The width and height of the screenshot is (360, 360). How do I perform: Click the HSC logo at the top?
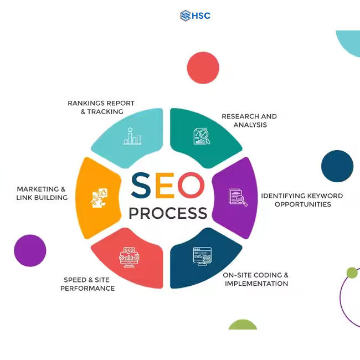[x=195, y=16]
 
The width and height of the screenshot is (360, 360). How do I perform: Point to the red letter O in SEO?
[x=192, y=186]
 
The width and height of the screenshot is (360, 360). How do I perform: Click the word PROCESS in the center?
[x=168, y=213]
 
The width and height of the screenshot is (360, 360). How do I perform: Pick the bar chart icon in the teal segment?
[x=132, y=136]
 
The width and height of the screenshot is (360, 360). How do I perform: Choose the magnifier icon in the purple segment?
[x=238, y=198]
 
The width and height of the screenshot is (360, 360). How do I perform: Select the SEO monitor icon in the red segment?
[x=129, y=258]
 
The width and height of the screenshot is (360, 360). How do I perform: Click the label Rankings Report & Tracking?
[x=101, y=107]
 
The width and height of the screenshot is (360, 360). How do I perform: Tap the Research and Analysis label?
[x=249, y=121]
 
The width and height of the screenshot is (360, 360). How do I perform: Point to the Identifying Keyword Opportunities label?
[x=302, y=200]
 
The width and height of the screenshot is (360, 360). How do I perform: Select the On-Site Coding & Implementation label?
[x=256, y=279]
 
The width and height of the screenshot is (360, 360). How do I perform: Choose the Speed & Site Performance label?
[x=89, y=284]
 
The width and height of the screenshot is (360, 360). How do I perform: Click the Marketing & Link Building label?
[x=42, y=193]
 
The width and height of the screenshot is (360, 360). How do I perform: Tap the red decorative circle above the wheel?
[x=203, y=68]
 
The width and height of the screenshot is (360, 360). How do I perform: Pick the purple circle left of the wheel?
[x=30, y=250]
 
